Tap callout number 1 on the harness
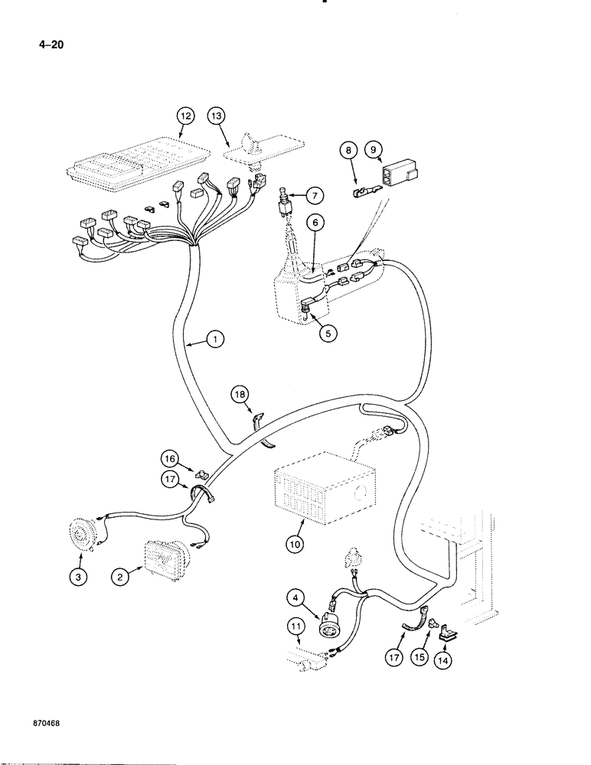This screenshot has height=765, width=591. coord(217,340)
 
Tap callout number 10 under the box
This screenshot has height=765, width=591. coord(297,545)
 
